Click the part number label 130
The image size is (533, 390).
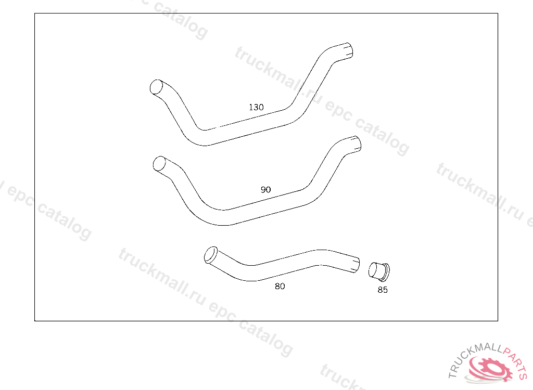[256, 107]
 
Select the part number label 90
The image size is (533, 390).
[265, 190]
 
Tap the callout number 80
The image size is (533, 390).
[280, 287]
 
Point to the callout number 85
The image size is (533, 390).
[383, 290]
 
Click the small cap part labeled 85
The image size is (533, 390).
[379, 272]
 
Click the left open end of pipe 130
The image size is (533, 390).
[156, 87]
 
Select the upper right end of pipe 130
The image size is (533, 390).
[348, 50]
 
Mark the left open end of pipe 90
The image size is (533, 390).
[159, 164]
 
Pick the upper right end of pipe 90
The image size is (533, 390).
[357, 144]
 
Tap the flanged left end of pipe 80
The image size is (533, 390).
[211, 255]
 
